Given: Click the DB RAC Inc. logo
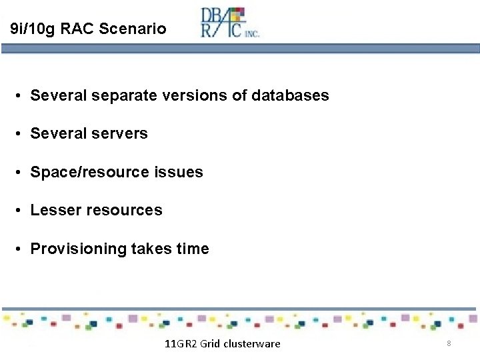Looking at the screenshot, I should [x=230, y=23].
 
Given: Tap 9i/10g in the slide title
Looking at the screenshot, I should [x=34, y=29].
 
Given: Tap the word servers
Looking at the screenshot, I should [x=117, y=133].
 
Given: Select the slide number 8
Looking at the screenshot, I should [x=449, y=343].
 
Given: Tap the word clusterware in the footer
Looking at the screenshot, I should [x=252, y=344].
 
